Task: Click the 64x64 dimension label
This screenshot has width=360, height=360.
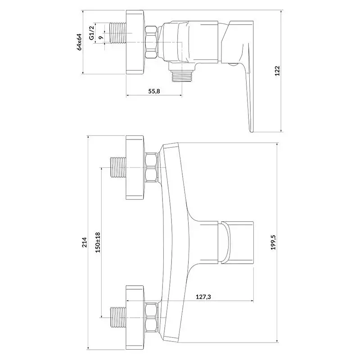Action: (80, 42)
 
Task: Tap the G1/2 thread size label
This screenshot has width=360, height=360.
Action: (92, 33)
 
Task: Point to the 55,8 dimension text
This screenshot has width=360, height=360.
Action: (154, 91)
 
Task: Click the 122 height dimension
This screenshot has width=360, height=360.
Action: (278, 71)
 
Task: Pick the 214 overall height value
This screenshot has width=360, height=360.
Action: (85, 242)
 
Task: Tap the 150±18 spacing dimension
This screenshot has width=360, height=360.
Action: (98, 243)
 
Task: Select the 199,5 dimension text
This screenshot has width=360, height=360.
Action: (273, 242)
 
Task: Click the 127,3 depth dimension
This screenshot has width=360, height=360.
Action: (203, 297)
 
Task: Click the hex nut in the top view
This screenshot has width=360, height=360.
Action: (152, 42)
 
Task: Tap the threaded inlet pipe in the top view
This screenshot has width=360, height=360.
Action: (118, 33)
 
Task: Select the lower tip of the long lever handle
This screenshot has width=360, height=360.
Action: (252, 132)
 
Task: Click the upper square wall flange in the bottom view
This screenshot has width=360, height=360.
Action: (135, 167)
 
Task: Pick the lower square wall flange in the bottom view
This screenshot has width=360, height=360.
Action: (135, 318)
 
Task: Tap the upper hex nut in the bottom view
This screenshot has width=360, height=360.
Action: (152, 167)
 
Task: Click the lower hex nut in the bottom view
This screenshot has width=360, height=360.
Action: (152, 318)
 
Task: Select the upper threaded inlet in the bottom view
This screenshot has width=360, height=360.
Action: (118, 167)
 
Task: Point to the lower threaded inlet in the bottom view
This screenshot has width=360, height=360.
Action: (118, 318)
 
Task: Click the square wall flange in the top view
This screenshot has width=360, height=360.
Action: (135, 42)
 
